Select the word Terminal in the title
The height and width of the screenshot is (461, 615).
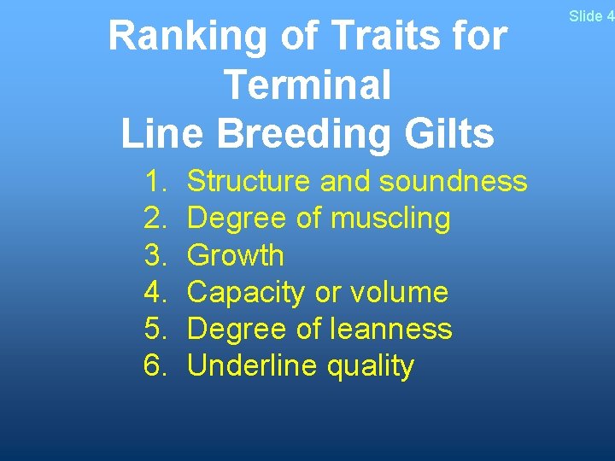coord(307,85)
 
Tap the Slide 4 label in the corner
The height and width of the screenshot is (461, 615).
coord(591,16)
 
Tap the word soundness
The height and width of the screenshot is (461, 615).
coord(454,181)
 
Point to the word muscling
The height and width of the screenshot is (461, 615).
coord(390,219)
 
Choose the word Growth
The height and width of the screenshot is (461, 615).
coord(235,255)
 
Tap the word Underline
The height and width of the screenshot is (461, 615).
coord(243,365)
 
